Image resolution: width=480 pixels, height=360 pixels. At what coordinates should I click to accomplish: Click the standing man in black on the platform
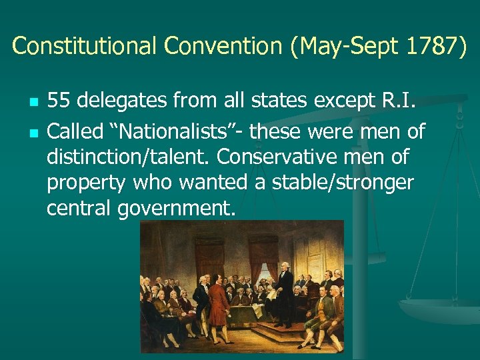(285, 293)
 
